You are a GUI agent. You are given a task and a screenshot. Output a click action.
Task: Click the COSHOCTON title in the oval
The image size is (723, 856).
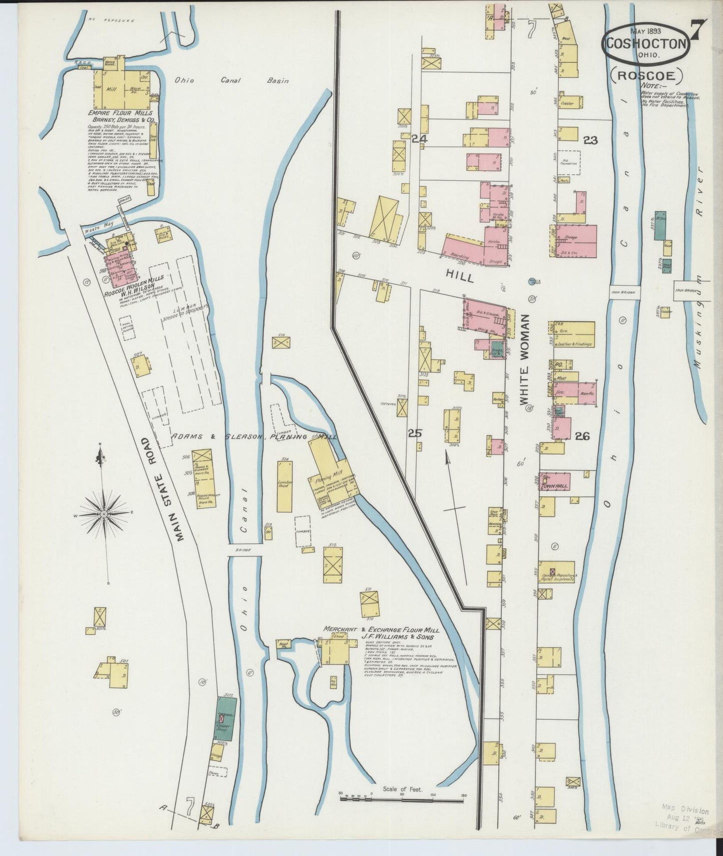coord(645,43)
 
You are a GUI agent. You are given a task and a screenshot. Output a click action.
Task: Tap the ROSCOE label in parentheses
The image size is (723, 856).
coord(646,76)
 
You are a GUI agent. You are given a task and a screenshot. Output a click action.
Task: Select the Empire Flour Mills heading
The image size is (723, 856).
coord(119,114)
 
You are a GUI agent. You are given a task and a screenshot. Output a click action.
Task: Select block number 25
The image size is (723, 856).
coord(415,434)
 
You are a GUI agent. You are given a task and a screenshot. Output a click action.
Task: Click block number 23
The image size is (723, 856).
coord(590,140)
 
